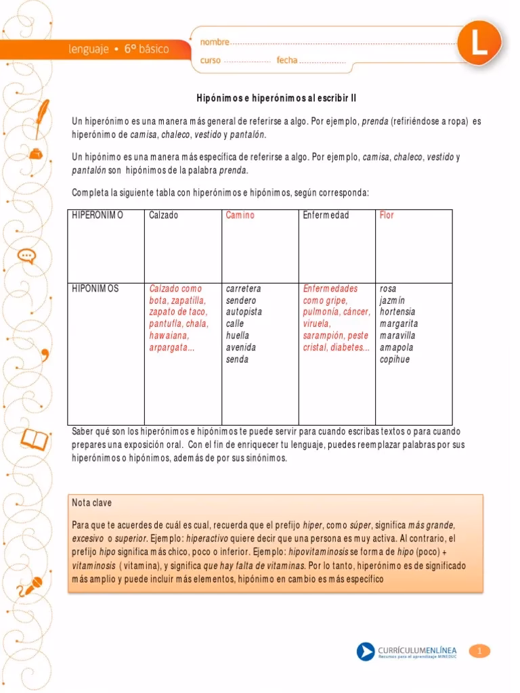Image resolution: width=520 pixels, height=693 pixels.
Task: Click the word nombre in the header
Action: click(x=215, y=42)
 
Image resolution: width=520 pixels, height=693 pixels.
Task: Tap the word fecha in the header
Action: click(x=287, y=60)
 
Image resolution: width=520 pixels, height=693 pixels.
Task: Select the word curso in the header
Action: click(x=211, y=60)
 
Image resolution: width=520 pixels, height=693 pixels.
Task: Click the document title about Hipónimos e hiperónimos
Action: click(x=276, y=98)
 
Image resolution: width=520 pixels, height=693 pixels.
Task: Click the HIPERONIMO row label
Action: click(x=97, y=215)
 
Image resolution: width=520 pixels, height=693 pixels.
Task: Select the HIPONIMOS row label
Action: click(x=95, y=288)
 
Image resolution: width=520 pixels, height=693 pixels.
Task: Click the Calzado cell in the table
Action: click(x=164, y=215)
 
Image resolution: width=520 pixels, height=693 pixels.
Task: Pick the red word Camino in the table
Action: click(x=240, y=215)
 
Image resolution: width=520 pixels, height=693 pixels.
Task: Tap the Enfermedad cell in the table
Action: click(x=326, y=215)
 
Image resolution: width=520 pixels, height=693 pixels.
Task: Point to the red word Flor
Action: click(x=387, y=215)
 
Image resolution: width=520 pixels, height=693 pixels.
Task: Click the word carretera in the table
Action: click(x=243, y=288)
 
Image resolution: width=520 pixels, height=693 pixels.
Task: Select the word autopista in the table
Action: click(x=244, y=312)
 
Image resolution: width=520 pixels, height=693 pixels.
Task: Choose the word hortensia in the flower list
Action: click(x=397, y=312)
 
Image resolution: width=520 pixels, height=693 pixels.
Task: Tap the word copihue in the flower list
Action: click(x=395, y=359)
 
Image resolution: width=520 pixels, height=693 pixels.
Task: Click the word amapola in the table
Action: click(x=397, y=347)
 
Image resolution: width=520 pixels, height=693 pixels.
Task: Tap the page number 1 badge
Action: click(x=479, y=651)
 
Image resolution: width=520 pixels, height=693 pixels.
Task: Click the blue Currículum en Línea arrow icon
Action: click(x=366, y=652)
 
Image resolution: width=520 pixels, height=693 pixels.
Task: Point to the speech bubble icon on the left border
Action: click(x=26, y=255)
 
